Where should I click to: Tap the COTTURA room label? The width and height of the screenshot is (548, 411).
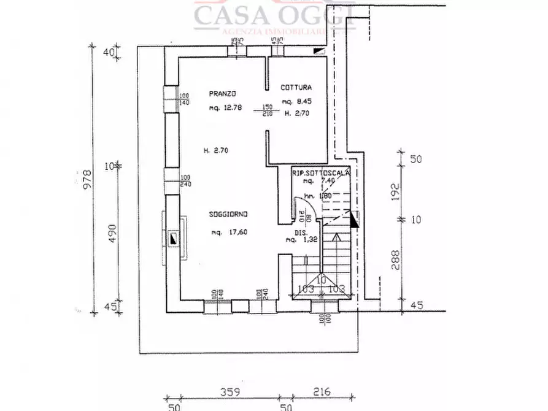[x=296, y=87]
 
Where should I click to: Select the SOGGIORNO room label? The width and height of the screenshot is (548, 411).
[x=228, y=215]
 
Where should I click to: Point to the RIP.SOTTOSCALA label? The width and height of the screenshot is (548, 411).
[x=322, y=174]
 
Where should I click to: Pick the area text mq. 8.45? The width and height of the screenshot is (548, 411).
[x=296, y=102]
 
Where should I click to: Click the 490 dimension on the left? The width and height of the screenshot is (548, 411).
[x=112, y=234]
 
